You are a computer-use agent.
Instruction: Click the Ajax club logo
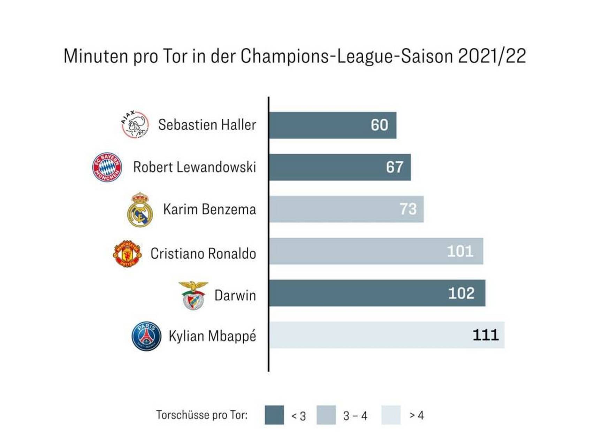click(x=135, y=125)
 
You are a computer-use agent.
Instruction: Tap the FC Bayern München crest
click(x=107, y=167)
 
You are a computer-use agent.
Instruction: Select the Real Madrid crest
click(x=140, y=209)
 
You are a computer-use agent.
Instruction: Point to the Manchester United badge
click(x=127, y=253)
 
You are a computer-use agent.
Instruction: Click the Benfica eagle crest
click(x=193, y=295)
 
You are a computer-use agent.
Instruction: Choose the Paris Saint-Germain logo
click(x=146, y=336)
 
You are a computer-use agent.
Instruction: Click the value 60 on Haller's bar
click(x=379, y=125)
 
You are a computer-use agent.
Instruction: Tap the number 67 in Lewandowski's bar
click(x=394, y=167)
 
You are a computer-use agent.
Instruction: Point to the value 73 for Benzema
click(x=408, y=209)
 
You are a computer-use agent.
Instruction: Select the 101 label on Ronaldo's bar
click(x=460, y=251)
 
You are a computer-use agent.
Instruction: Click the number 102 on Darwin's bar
click(x=461, y=293)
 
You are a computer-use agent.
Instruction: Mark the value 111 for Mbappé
click(x=486, y=335)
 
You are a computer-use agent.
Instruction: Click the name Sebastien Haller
click(x=207, y=125)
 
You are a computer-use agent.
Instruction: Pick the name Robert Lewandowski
click(x=194, y=167)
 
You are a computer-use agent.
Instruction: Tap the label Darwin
click(x=235, y=295)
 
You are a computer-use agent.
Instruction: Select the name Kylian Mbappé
click(x=212, y=336)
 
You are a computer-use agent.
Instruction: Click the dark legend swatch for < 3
click(x=274, y=415)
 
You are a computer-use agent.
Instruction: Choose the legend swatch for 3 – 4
click(x=326, y=415)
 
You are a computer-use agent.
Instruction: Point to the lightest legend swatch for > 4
click(x=391, y=415)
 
